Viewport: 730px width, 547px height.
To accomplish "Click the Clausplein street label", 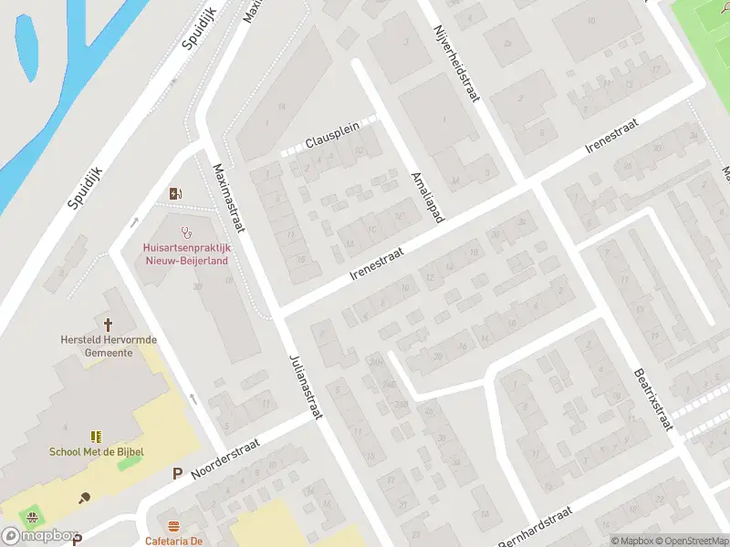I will [332, 139].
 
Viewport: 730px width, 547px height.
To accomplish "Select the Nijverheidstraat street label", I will [455, 64].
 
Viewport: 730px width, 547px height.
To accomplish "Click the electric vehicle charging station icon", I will [175, 193].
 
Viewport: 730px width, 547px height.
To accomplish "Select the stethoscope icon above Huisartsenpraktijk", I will [187, 232].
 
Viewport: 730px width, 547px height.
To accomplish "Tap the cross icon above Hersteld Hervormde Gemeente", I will [108, 324].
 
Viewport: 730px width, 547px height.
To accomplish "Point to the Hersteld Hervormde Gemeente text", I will [108, 346].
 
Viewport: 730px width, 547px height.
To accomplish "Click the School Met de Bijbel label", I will [97, 451].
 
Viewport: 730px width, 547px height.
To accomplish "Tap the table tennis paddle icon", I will [85, 497].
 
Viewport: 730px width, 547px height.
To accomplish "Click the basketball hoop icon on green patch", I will [34, 517].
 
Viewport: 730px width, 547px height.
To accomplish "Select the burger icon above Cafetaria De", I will [173, 526].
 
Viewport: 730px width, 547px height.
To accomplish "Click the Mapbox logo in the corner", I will [38, 536].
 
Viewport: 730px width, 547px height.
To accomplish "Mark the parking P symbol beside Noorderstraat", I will [178, 473].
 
